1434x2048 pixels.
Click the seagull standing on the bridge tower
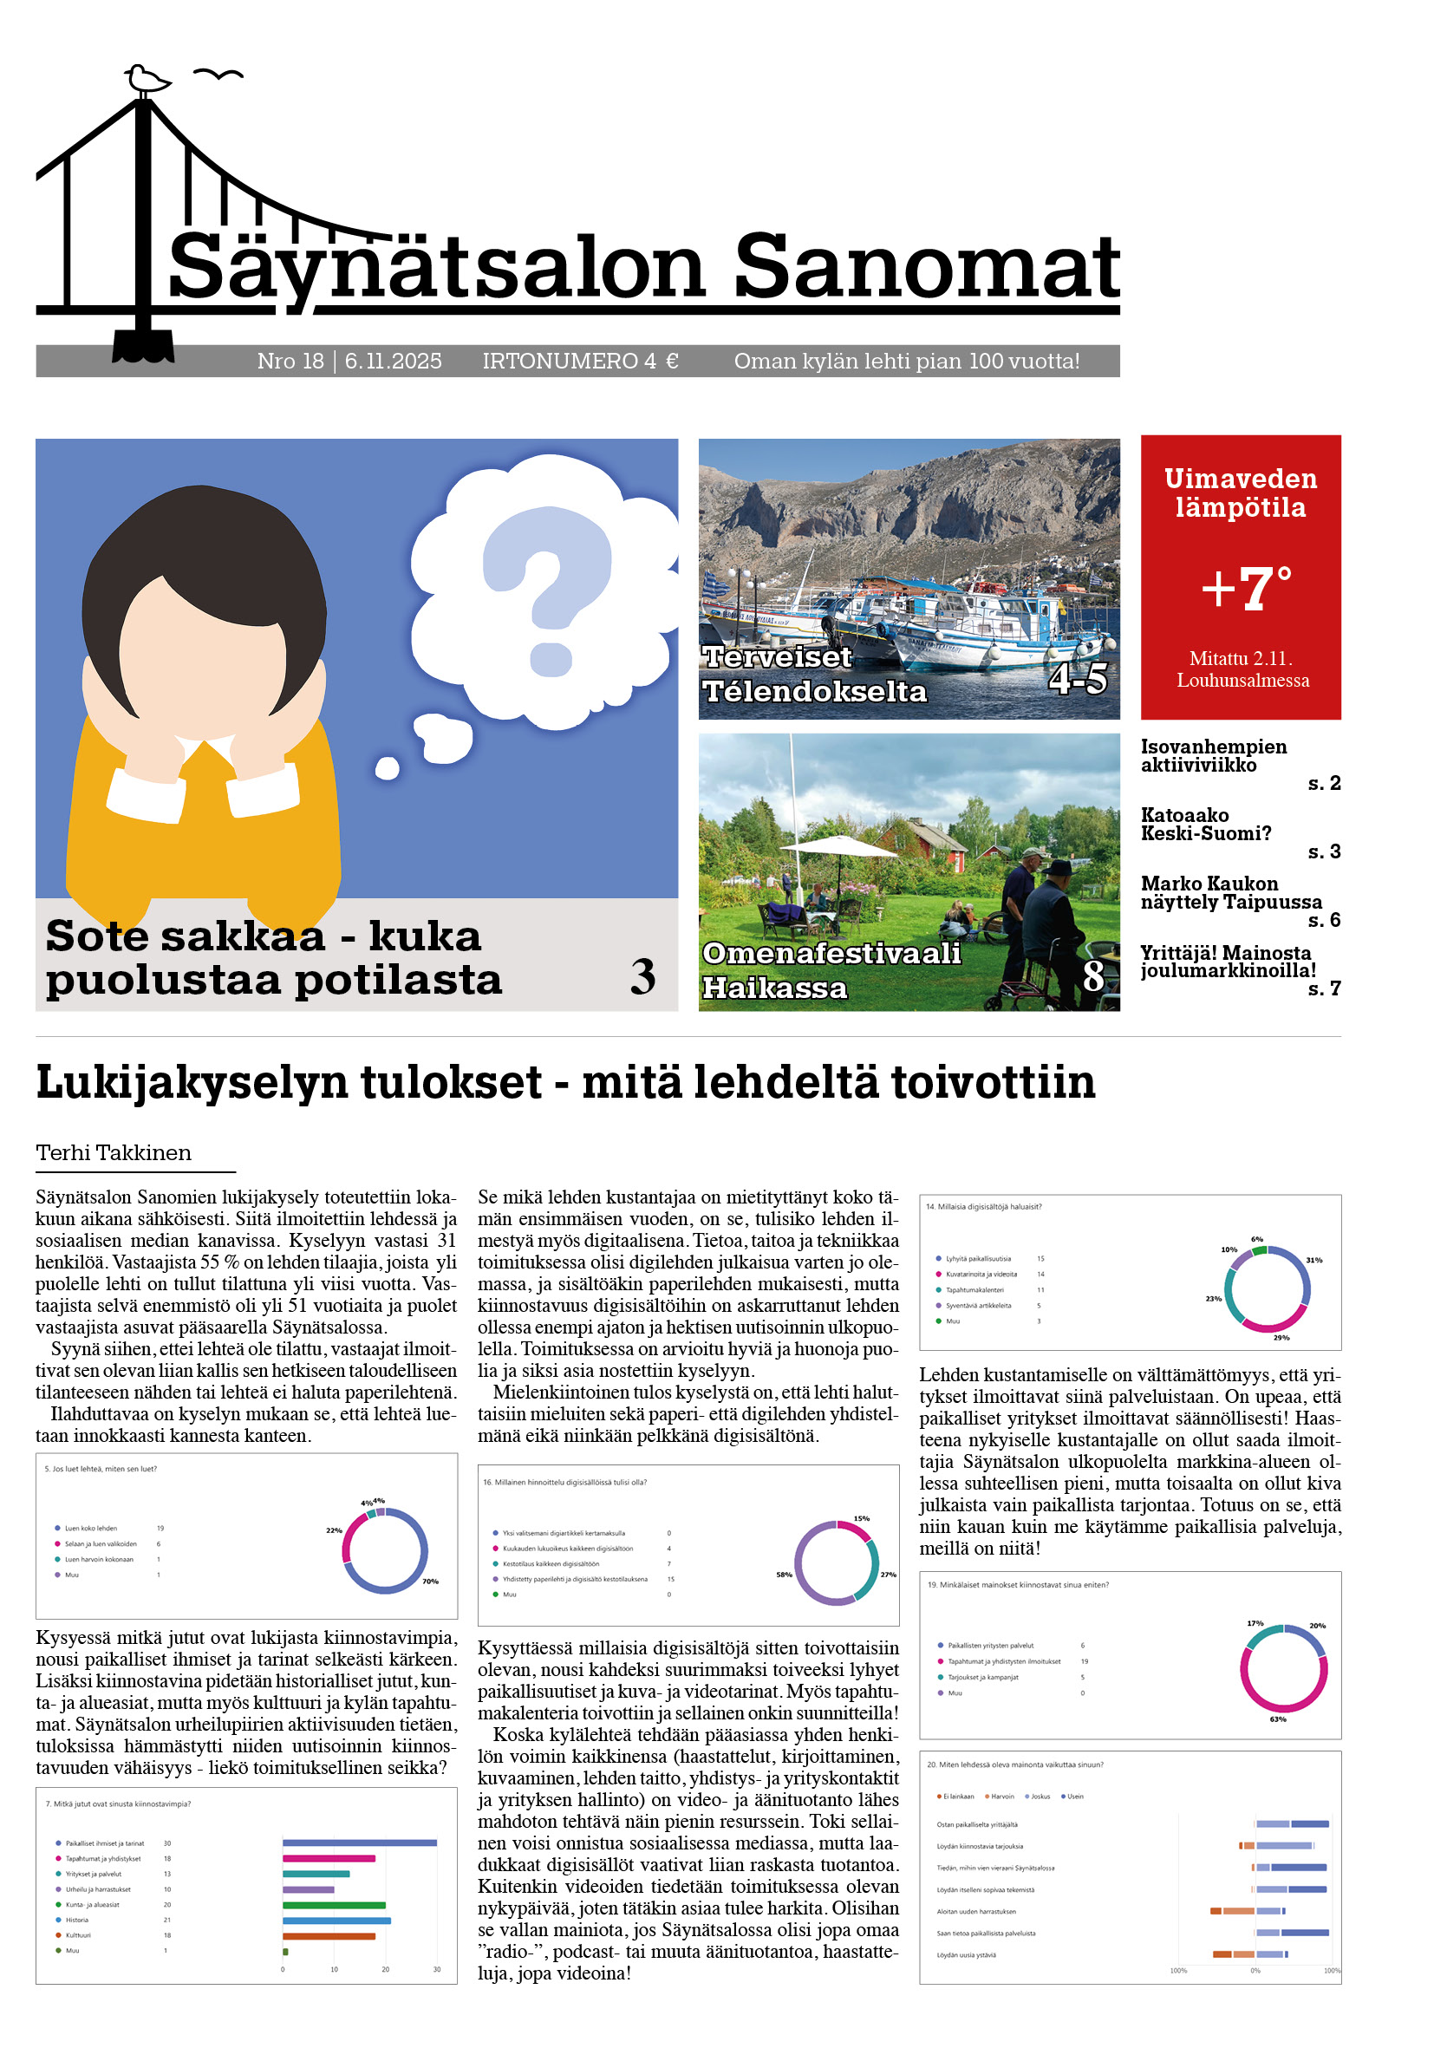click(x=147, y=79)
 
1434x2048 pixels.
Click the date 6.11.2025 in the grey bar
click(x=394, y=362)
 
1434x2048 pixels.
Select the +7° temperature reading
click(x=1246, y=589)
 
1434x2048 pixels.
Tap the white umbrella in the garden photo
click(x=839, y=845)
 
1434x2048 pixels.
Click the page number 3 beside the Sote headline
click(x=643, y=978)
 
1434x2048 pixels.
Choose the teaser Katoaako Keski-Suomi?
click(x=1206, y=825)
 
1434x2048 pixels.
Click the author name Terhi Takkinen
click(x=114, y=1153)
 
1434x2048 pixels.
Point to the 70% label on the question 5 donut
click(x=430, y=1582)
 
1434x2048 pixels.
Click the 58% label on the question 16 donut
click(x=784, y=1575)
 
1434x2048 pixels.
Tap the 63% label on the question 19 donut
click(x=1277, y=1719)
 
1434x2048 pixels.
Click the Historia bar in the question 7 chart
click(x=336, y=1921)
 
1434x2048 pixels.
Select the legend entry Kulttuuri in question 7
click(x=79, y=1935)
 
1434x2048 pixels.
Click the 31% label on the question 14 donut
click(x=1313, y=1261)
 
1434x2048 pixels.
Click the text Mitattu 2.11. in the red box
click(x=1241, y=658)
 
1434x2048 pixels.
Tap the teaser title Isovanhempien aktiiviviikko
click(x=1213, y=755)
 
